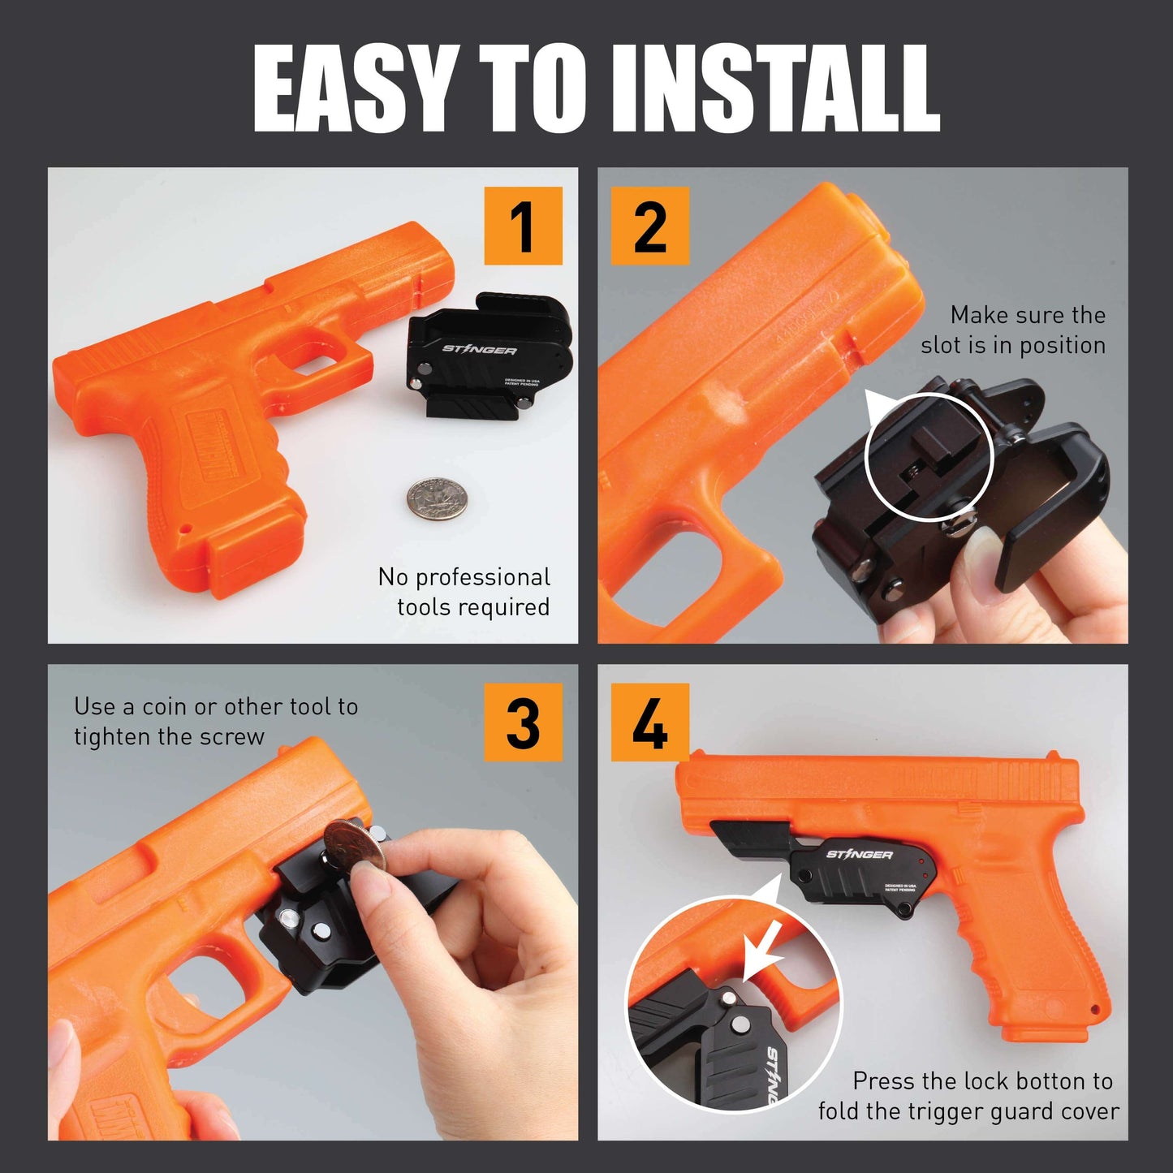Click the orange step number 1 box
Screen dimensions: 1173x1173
coord(523,226)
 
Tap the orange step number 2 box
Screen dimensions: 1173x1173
coord(649,226)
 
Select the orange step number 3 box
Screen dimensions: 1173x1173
coord(523,722)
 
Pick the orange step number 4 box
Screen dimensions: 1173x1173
coord(649,722)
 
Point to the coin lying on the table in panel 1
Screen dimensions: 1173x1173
coord(437,498)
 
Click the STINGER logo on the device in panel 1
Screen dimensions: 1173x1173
coord(479,350)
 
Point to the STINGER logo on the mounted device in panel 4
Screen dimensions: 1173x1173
coord(859,854)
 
